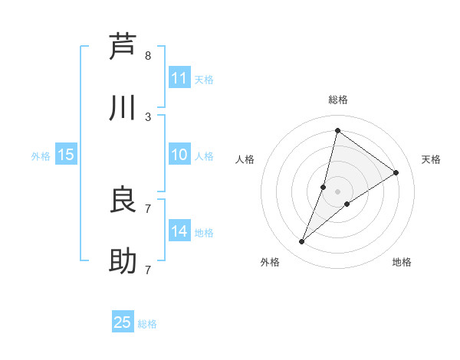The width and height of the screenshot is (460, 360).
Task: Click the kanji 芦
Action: coord(123,47)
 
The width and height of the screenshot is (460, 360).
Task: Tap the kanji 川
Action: coord(123,109)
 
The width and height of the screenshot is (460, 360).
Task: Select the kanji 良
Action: coord(123,200)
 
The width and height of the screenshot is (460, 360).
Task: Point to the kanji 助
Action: coord(123,262)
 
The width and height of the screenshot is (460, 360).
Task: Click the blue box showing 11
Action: coord(179,78)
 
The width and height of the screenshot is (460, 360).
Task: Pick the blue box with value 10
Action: coord(179,155)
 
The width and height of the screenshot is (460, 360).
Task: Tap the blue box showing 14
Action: coord(179,231)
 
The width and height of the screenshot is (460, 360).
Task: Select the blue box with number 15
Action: coord(66,155)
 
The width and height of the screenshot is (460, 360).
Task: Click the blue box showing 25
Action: coord(123,322)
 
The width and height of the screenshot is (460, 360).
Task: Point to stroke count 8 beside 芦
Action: coord(148,56)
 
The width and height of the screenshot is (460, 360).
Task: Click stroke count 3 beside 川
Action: coord(148,117)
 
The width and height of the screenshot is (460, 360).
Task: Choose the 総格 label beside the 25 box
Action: coord(147,324)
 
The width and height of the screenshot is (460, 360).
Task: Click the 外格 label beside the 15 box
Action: coord(41,156)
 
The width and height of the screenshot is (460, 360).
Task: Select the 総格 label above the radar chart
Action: coord(338,100)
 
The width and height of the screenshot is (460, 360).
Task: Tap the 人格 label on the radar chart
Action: coord(245,159)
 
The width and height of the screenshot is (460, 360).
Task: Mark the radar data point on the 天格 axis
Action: coord(396,172)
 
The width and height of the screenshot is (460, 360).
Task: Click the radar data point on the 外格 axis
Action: coord(302,242)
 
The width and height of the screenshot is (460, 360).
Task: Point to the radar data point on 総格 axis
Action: coord(337,130)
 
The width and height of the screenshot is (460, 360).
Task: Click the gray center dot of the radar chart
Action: coord(338,191)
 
